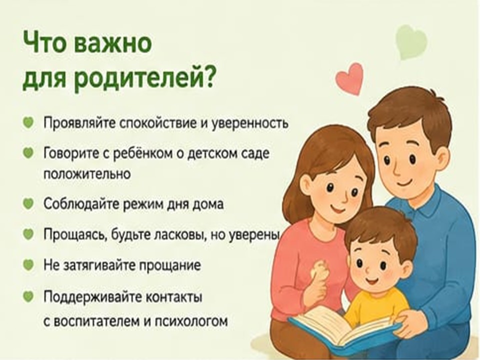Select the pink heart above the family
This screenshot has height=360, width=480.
point(350,78)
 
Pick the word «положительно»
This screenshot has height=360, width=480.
point(87,174)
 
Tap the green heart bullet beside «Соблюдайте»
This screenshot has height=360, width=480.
point(28,203)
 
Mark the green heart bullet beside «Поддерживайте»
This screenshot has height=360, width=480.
point(28,296)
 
